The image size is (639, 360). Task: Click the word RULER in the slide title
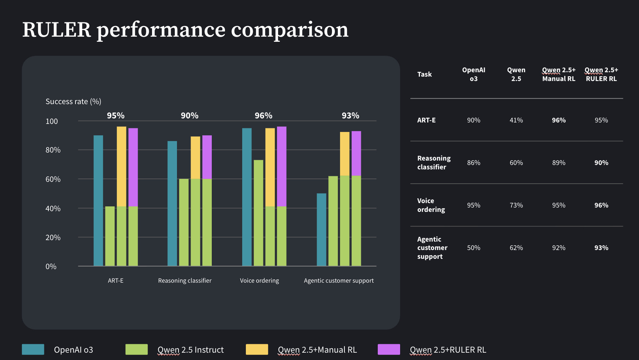click(56, 30)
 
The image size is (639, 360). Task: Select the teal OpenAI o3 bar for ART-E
click(98, 201)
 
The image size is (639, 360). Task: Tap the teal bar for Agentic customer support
click(321, 229)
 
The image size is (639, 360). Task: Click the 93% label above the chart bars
click(350, 115)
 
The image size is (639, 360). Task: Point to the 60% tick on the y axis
click(53, 179)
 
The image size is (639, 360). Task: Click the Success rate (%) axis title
click(73, 102)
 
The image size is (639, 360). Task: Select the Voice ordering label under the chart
click(259, 280)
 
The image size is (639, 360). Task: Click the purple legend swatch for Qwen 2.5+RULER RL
click(389, 349)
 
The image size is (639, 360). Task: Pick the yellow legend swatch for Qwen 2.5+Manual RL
click(257, 349)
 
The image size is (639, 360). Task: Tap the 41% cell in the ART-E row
click(516, 120)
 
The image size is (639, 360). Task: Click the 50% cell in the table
click(473, 248)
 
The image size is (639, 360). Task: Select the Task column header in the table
click(424, 74)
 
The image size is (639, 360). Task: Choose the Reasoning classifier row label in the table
click(433, 162)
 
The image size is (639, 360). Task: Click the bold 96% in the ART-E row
click(559, 120)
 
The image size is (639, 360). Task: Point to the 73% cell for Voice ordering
click(516, 205)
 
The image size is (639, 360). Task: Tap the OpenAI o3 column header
click(473, 74)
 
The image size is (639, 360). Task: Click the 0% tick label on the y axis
click(51, 267)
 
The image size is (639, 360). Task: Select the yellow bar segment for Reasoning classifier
click(195, 158)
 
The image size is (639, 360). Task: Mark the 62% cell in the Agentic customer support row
click(516, 248)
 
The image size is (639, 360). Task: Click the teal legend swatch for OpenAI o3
click(33, 349)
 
